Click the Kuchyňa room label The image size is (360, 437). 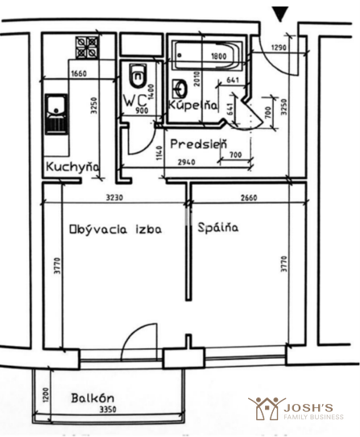72,167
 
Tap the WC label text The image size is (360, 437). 134,100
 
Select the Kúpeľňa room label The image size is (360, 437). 193,105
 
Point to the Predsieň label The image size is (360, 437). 199,144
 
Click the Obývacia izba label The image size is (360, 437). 115,230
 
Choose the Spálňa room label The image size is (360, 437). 218,227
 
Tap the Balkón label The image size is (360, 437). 93,398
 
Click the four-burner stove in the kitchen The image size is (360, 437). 87,48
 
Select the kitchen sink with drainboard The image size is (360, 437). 56,114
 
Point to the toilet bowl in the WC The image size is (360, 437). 137,75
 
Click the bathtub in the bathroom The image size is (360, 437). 208,55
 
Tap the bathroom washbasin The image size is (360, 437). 180,89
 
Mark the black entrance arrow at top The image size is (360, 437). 280,14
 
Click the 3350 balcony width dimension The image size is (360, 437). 108,410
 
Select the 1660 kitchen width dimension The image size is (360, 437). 79,74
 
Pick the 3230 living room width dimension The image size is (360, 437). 114,198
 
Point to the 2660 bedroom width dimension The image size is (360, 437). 249,198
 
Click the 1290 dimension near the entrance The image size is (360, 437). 279,48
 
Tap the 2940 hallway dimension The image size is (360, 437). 187,162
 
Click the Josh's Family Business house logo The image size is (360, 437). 267,408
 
